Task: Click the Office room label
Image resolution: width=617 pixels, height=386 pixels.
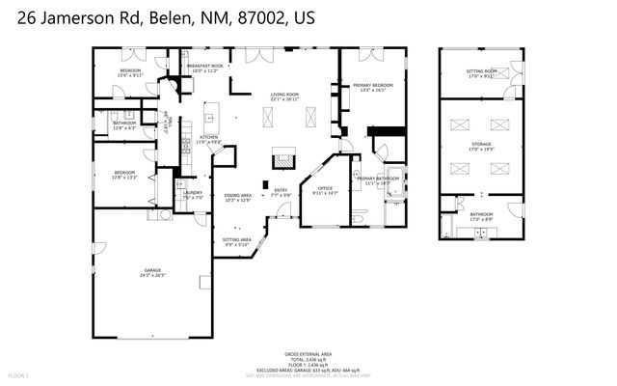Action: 325,188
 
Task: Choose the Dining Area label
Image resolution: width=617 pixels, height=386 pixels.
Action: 237,196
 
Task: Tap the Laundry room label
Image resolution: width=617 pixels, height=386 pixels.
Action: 193,192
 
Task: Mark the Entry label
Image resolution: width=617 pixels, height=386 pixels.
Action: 281,190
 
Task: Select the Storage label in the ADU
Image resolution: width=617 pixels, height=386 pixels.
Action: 481,145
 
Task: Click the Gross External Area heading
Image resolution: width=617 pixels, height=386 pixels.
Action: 308,353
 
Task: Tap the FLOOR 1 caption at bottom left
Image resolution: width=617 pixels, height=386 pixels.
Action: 19,373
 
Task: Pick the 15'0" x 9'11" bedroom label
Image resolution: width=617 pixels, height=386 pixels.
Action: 130,72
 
